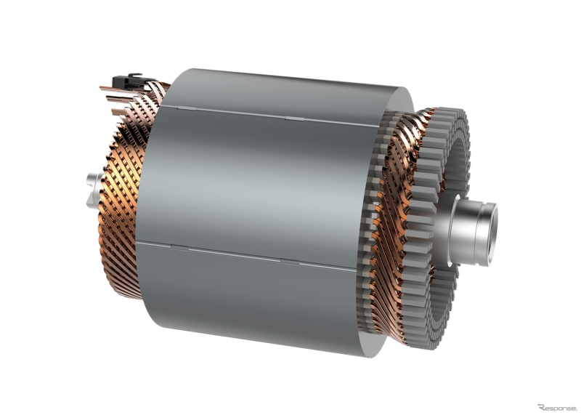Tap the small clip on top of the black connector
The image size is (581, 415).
coord(135,73)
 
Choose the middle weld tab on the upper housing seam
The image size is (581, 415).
coord(288,116)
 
